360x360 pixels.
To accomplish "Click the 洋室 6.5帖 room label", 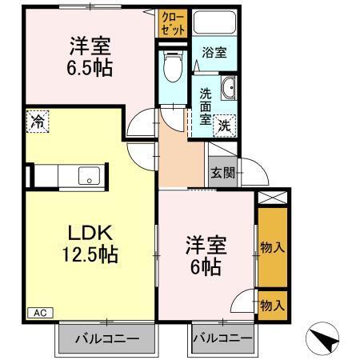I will click(89, 55).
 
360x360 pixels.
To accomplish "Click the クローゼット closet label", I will click(172, 22).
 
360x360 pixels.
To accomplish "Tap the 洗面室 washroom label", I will click(205, 106).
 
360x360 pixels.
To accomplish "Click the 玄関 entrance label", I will click(221, 171).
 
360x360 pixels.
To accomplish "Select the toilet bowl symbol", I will click(171, 68).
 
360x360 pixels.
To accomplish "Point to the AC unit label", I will click(38, 313).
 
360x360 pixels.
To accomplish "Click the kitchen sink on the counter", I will click(88, 174).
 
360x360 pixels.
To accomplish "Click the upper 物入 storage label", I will click(273, 248).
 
